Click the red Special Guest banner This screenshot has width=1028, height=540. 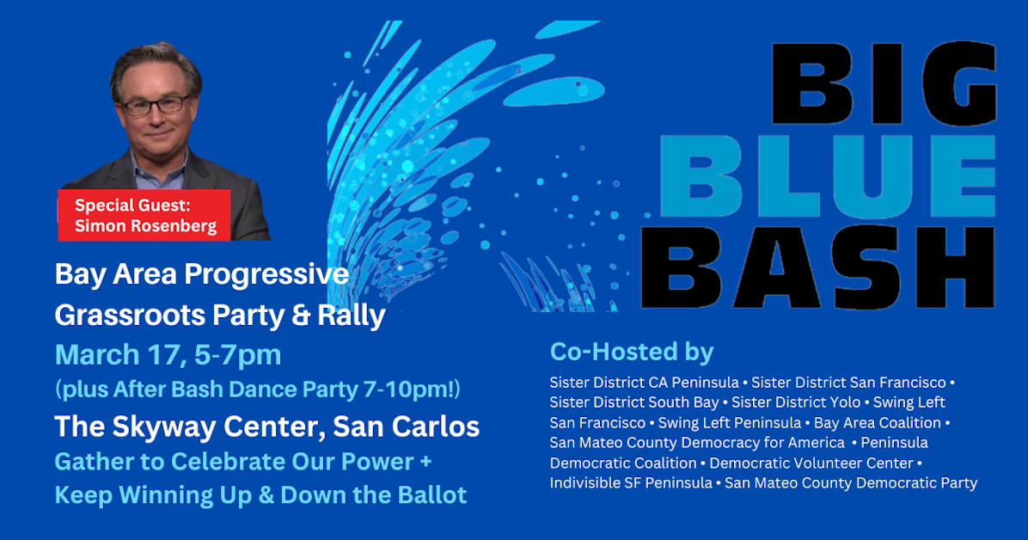click(144, 215)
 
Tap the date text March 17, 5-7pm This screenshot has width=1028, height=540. click(168, 354)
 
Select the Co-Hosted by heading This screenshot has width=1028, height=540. click(632, 352)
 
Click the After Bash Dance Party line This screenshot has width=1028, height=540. click(258, 390)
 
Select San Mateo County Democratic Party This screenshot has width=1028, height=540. click(851, 483)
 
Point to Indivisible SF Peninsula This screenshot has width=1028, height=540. click(631, 483)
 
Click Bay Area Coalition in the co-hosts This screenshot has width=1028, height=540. click(877, 423)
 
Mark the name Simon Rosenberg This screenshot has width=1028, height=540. click(144, 225)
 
